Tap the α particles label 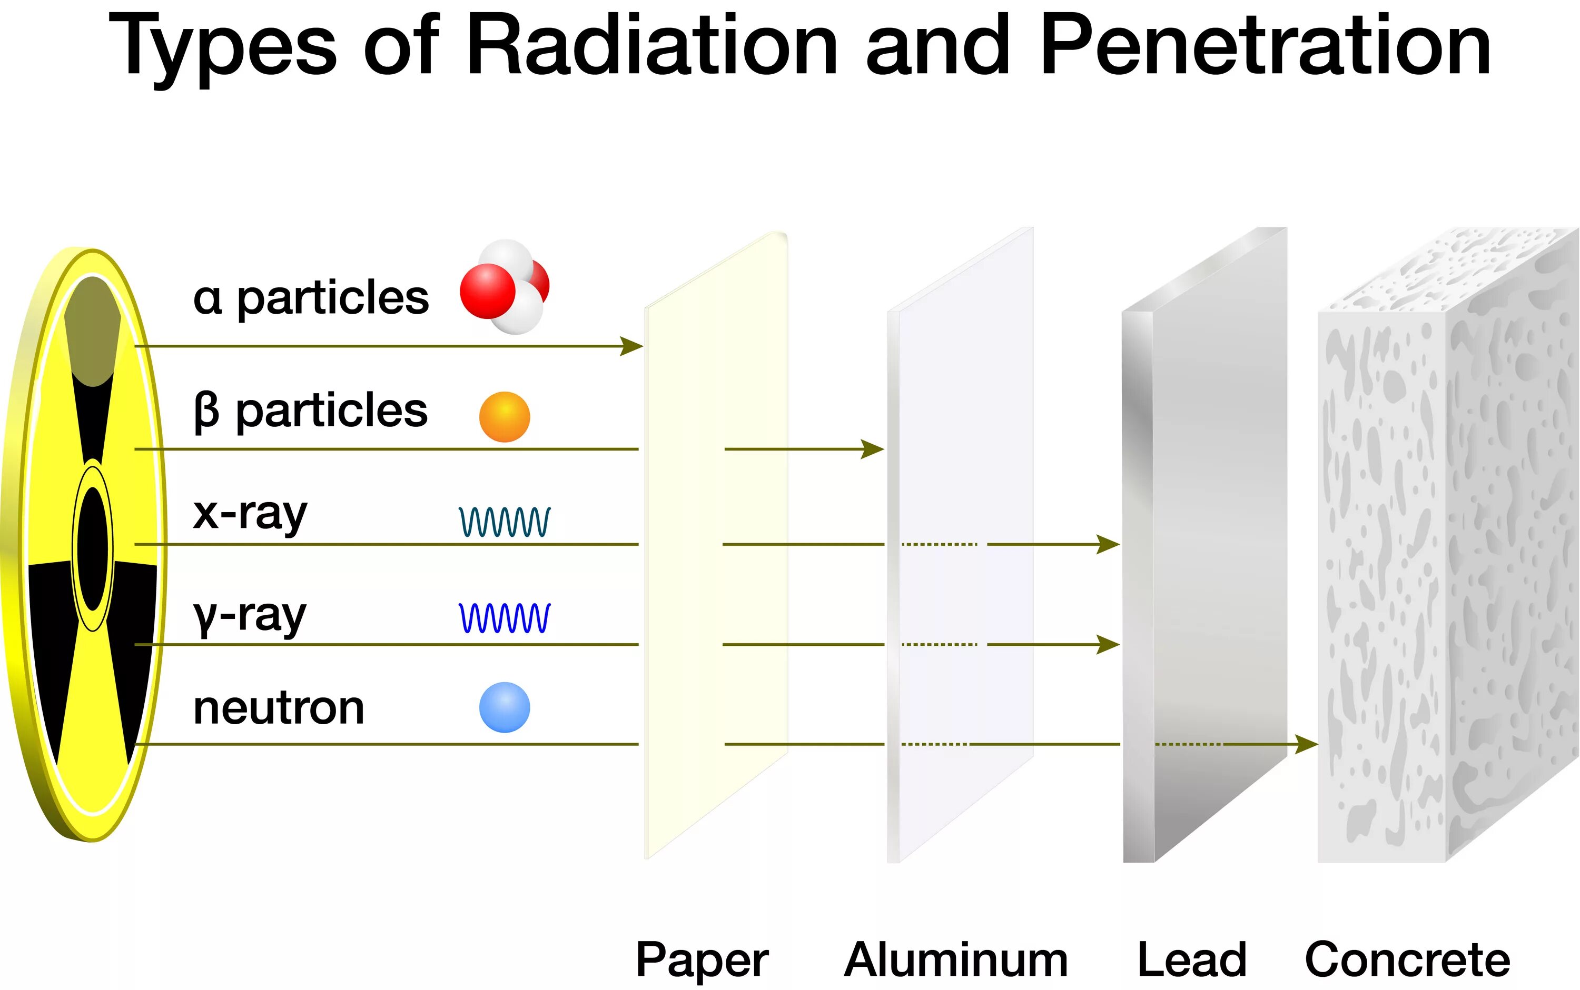coord(311,298)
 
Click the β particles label coord(311,411)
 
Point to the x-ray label coord(250,515)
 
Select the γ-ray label coord(250,617)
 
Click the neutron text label coord(279,708)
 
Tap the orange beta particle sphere coord(505,417)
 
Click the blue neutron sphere coord(505,708)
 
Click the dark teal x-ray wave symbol coord(505,522)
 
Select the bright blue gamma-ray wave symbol coord(505,618)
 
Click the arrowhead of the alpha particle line coord(632,346)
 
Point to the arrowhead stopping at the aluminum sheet coord(873,449)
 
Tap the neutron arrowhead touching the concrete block coord(1307,744)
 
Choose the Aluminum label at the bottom coord(956,960)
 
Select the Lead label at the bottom coord(1191,960)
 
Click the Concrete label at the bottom coord(1407,960)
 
